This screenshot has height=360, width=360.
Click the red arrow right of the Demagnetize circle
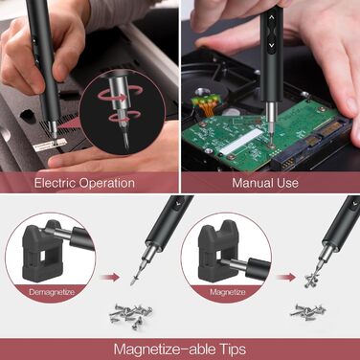tap(112, 279)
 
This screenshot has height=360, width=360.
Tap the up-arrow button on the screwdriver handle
tap(272, 30)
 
